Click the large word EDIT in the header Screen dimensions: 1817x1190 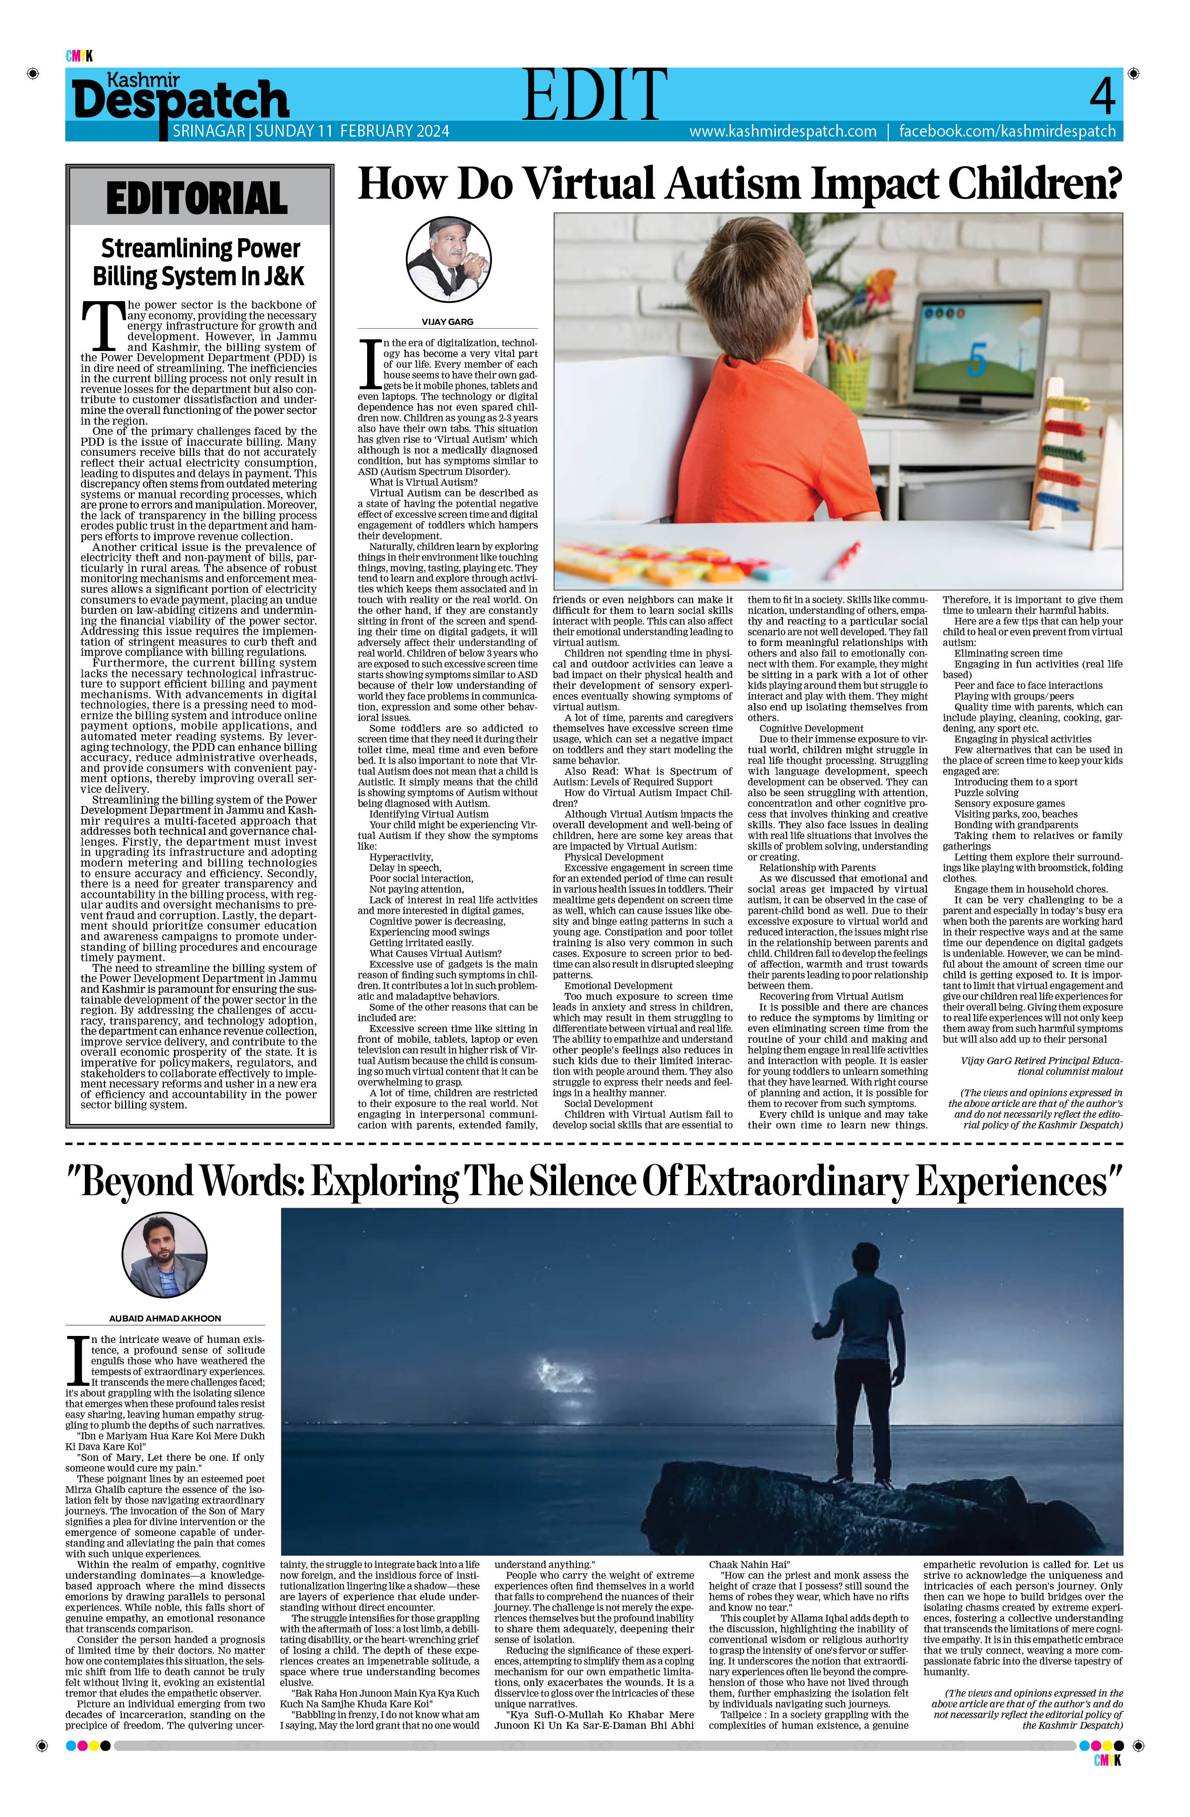coord(594,95)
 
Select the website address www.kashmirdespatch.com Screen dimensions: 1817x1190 coord(782,131)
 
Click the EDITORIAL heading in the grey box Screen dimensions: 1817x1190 coord(197,199)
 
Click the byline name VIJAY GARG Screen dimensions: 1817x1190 coord(447,322)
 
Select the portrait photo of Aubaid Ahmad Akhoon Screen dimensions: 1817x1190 coord(164,1255)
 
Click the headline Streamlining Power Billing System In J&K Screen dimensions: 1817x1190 coord(199,261)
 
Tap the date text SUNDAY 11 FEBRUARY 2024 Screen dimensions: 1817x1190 coord(352,131)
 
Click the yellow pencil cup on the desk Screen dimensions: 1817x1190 coord(849,380)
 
